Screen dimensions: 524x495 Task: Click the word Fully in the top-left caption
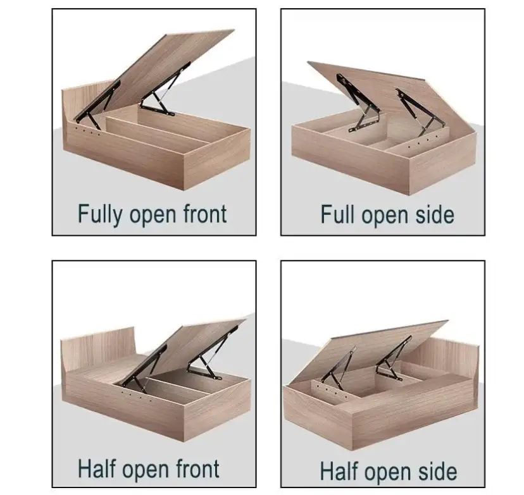click(100, 214)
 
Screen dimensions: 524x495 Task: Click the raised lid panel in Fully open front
click(167, 72)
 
